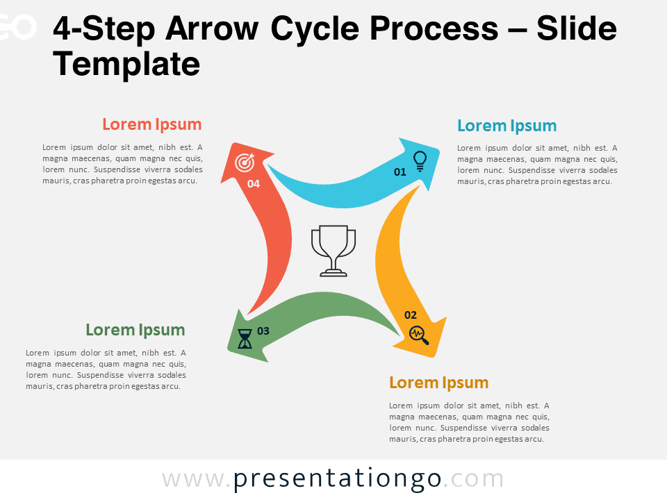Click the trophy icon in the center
click(x=333, y=251)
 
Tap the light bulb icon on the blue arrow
click(x=420, y=162)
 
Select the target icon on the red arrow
click(x=245, y=162)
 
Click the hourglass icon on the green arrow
click(x=245, y=339)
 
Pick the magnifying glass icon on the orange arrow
click(x=418, y=335)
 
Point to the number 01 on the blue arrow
click(x=400, y=172)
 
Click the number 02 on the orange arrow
click(x=411, y=315)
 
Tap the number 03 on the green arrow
click(x=263, y=331)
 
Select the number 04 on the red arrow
click(x=254, y=183)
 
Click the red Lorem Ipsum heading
click(x=152, y=124)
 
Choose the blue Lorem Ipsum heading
click(x=507, y=126)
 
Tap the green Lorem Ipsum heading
click(x=135, y=330)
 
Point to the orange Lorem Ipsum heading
click(x=439, y=383)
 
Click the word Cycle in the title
click(x=315, y=30)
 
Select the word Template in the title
click(x=126, y=65)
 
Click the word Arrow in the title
click(x=212, y=29)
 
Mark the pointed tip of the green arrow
click(x=229, y=349)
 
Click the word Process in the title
click(x=434, y=29)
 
